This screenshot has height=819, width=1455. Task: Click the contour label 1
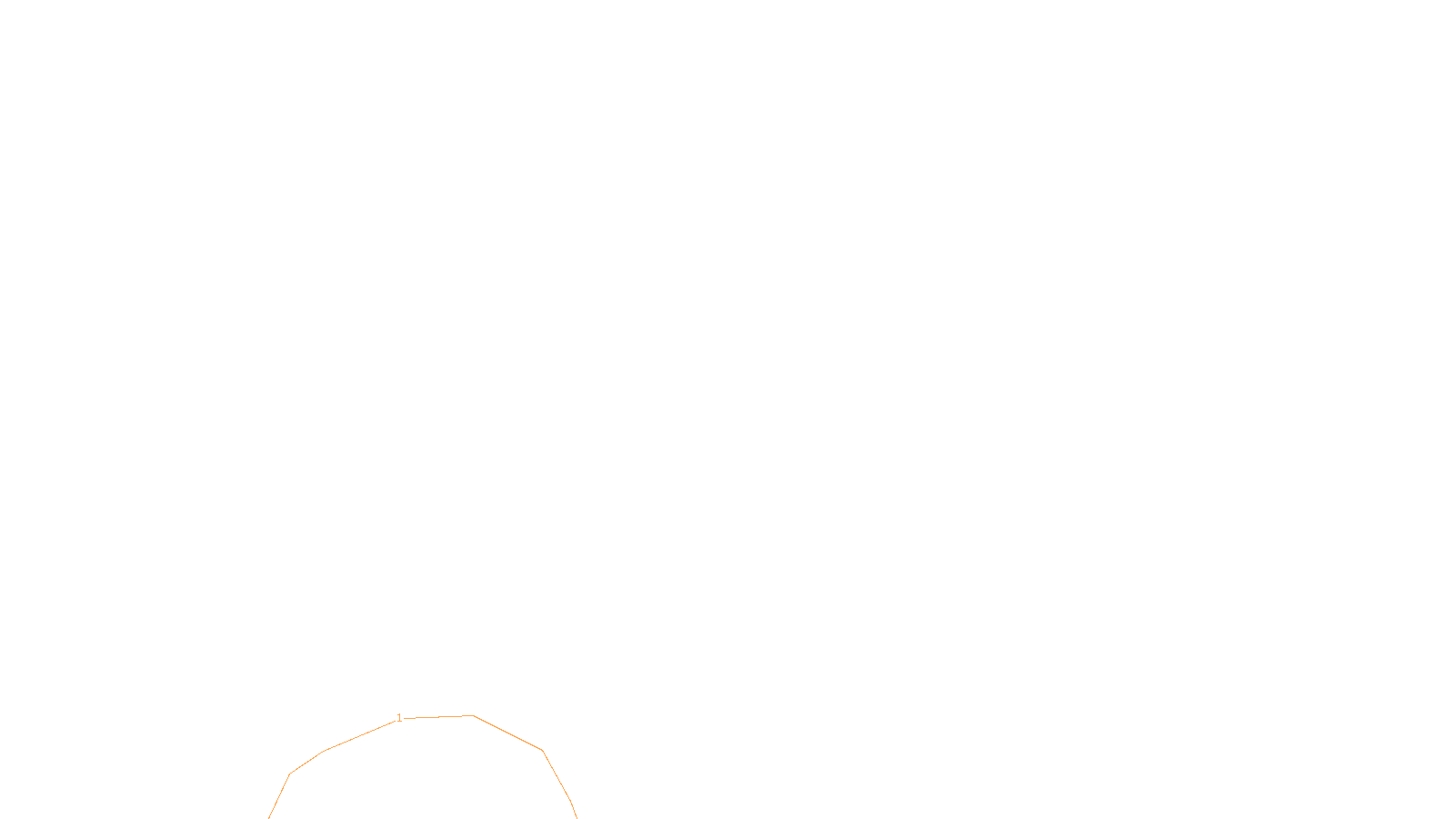coord(399,718)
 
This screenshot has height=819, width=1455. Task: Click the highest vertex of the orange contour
coord(473,715)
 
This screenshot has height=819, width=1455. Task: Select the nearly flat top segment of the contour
coord(438,717)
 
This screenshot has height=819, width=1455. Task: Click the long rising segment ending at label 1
coord(360,735)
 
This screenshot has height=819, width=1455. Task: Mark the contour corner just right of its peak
coord(542,750)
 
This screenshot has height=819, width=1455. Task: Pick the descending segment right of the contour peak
coord(507,733)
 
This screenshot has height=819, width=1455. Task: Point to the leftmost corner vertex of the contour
coord(289,774)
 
